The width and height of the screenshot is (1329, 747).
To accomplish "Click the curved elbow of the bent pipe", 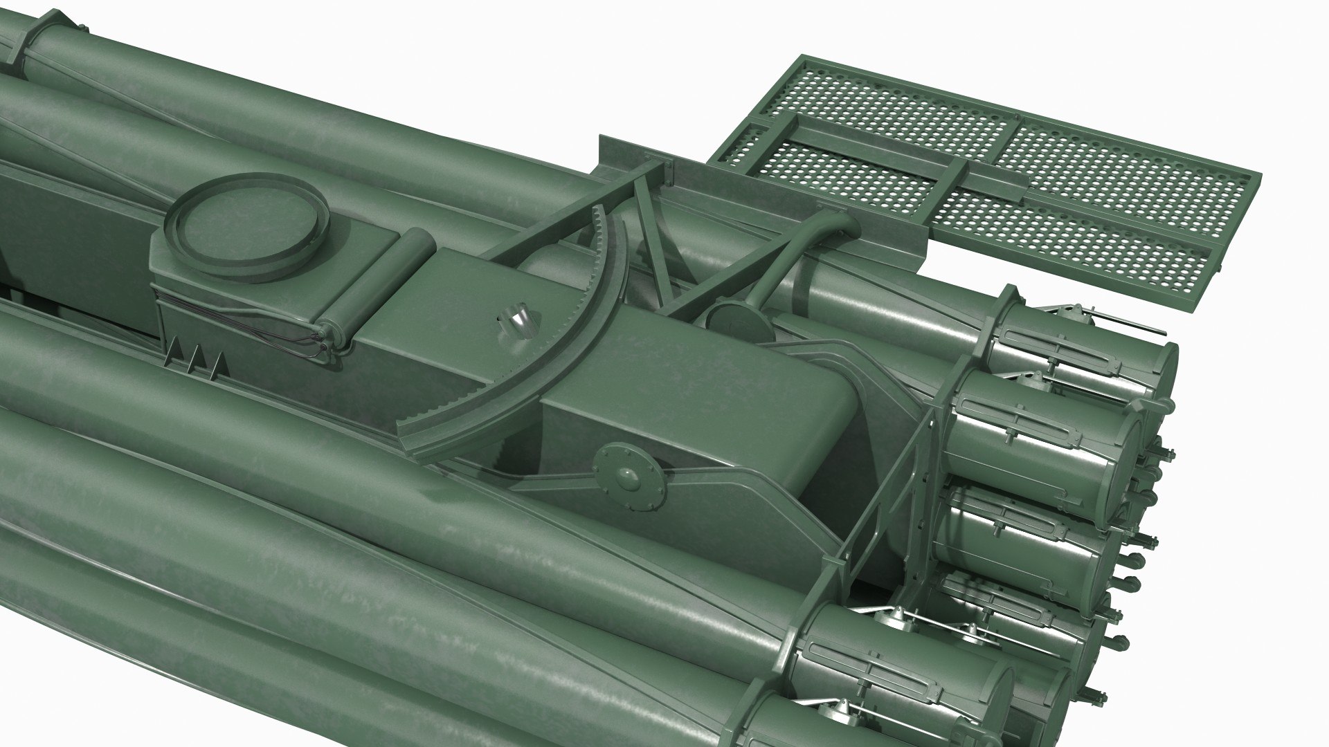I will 838,223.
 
